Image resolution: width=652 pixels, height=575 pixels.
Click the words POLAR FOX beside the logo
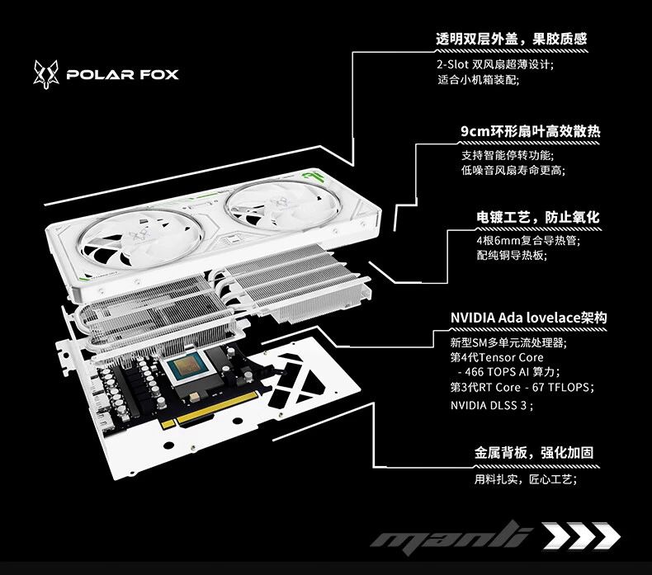click(123, 75)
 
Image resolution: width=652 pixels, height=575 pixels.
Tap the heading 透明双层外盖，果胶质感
click(511, 39)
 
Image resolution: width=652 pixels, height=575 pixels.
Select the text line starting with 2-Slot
click(495, 64)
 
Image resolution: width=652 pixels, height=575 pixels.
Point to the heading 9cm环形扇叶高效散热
click(531, 131)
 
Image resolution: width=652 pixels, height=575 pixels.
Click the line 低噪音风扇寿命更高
click(513, 170)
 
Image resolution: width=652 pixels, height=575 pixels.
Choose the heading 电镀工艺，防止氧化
click(538, 217)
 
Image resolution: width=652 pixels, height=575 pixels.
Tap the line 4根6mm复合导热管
click(528, 240)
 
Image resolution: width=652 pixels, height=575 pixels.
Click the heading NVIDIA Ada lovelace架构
click(528, 318)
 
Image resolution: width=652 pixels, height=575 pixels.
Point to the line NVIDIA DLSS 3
click(492, 405)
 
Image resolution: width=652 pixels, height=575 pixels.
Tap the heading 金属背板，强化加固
click(534, 452)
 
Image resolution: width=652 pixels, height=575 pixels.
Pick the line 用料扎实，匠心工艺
click(526, 479)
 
